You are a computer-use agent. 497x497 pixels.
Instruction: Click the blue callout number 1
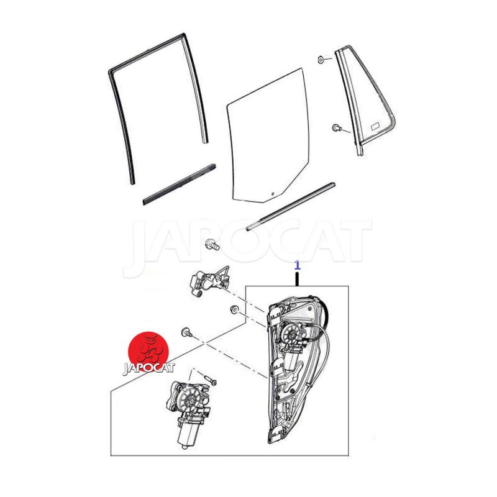point(297,266)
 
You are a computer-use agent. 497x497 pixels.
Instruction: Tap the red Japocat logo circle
point(148,352)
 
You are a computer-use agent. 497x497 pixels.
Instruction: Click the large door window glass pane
point(268,136)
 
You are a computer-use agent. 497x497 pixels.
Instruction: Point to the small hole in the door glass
point(273,193)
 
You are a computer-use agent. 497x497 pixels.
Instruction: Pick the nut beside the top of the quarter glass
point(321,59)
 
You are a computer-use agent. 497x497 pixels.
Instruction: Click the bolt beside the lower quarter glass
point(335,128)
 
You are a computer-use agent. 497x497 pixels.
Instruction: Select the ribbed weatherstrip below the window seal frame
point(180,184)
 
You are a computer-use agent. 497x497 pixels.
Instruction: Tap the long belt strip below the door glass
point(291,206)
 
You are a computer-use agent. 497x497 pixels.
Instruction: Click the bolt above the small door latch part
point(212,244)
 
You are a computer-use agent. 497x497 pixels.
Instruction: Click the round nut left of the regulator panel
point(234,309)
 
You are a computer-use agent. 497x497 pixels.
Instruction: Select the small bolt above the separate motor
point(211,380)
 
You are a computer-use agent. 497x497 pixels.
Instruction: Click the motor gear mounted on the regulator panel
point(290,334)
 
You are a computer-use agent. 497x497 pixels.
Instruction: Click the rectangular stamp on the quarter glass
point(375,125)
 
